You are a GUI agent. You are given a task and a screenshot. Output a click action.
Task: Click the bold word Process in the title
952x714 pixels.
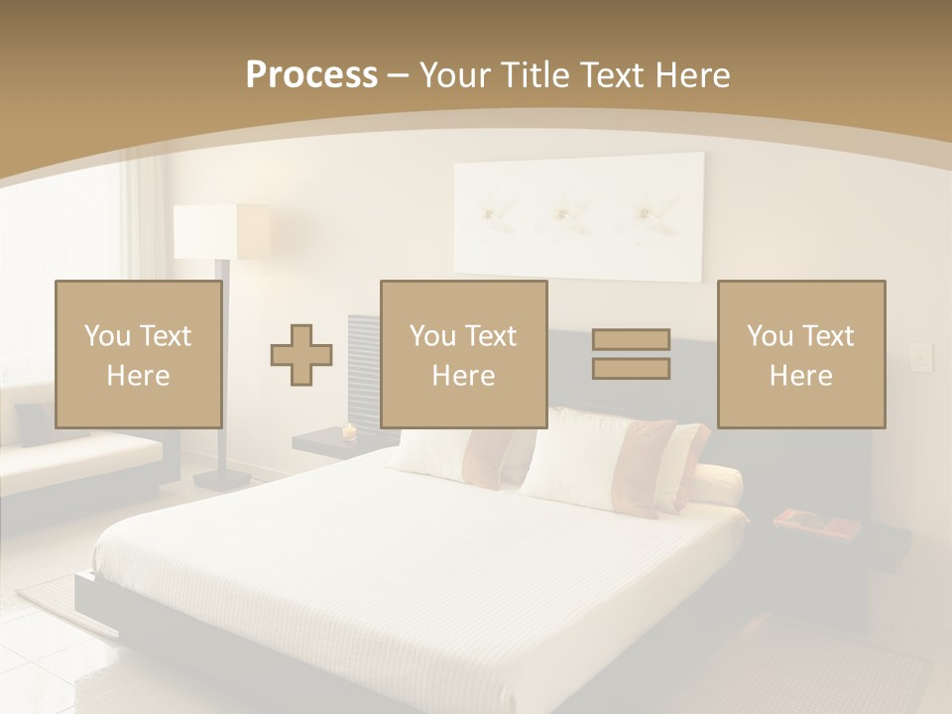tap(311, 75)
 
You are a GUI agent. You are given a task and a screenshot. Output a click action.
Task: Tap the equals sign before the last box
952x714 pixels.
tap(631, 354)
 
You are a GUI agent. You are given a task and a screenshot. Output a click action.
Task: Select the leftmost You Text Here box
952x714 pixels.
tap(138, 354)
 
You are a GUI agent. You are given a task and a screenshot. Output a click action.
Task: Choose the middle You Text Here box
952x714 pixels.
tap(463, 354)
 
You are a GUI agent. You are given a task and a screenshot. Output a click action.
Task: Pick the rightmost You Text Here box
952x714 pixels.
tap(800, 354)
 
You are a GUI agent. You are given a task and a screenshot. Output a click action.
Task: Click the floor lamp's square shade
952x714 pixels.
tap(221, 231)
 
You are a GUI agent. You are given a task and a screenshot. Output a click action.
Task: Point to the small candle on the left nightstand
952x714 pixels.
tap(348, 431)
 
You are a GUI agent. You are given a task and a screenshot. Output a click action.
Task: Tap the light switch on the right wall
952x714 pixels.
tap(921, 354)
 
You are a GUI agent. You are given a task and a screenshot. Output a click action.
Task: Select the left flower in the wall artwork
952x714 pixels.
tap(493, 210)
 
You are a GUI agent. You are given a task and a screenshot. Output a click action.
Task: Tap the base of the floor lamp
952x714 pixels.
tap(220, 479)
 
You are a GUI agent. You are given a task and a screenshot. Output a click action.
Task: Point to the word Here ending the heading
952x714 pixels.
tap(694, 75)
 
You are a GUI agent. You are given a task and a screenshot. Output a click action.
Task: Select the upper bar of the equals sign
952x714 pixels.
tap(631, 340)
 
